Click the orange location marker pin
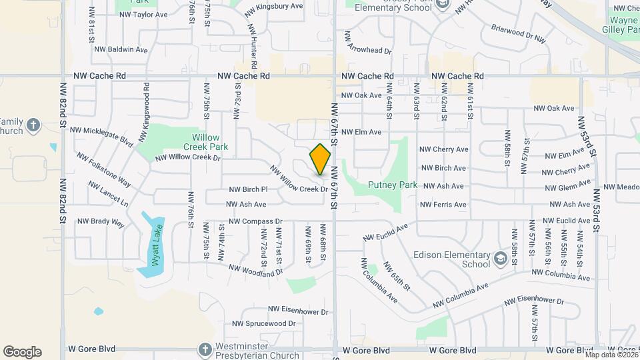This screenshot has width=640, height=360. click(x=321, y=160)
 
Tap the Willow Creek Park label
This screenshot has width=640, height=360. click(x=207, y=142)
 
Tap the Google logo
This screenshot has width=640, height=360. click(x=22, y=352)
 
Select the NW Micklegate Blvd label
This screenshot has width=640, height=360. click(x=101, y=135)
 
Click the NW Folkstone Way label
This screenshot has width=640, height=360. click(x=103, y=169)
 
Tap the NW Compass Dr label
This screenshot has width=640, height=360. click(x=256, y=221)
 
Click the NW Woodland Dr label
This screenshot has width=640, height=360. click(x=256, y=270)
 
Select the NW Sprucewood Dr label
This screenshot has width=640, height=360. click(x=263, y=323)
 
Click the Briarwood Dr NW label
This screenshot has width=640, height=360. click(x=519, y=34)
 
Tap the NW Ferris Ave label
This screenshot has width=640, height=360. click(x=443, y=205)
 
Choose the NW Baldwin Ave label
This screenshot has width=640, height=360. click(x=121, y=49)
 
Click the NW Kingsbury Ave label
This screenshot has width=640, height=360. click(x=275, y=6)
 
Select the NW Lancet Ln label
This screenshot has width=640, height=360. click(x=108, y=193)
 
